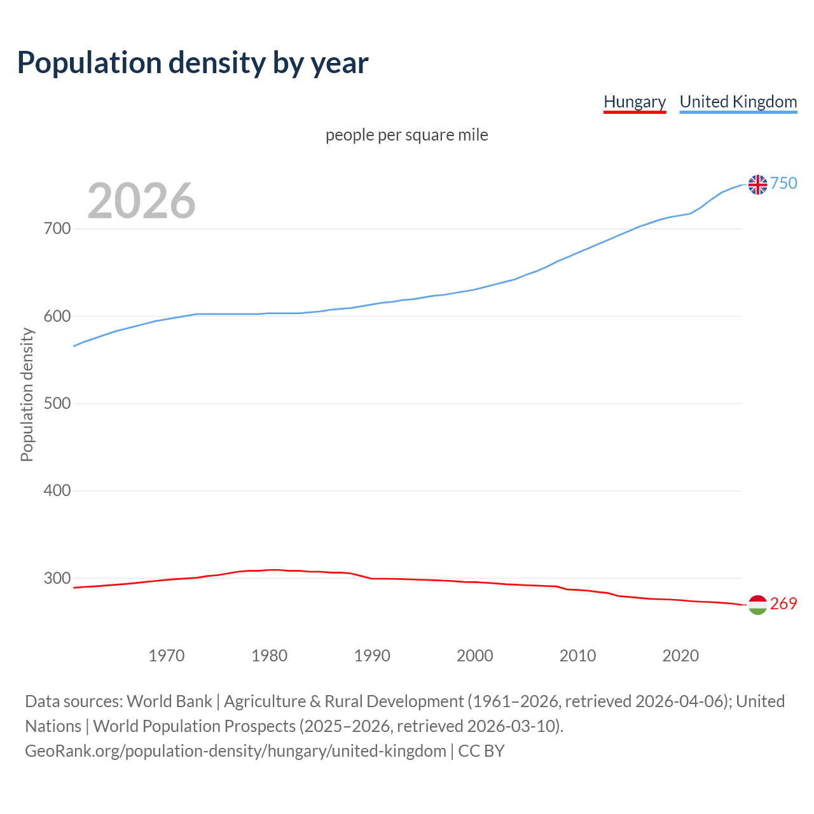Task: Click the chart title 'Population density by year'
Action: coord(193,62)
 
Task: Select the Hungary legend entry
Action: coord(634,102)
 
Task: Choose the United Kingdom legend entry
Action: coord(738,102)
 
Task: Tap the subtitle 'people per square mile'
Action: coord(406,135)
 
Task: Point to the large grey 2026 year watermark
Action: coord(141,201)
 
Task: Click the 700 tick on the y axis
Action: coord(57,228)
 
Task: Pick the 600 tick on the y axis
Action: coord(57,316)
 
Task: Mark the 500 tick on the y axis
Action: coord(57,403)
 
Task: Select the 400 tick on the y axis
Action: coord(57,491)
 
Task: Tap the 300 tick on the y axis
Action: coord(57,578)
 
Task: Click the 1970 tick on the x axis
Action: coord(167,656)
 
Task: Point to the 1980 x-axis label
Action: coord(270,656)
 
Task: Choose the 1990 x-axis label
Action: coord(372,656)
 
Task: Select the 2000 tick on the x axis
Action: coord(475,656)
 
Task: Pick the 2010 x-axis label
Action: coord(577,656)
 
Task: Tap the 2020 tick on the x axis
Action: coord(680,656)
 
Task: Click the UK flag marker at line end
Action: coord(757,184)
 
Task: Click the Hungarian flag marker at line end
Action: coord(757,605)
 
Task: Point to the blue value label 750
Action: coord(783,184)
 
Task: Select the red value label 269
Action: coord(783,604)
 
